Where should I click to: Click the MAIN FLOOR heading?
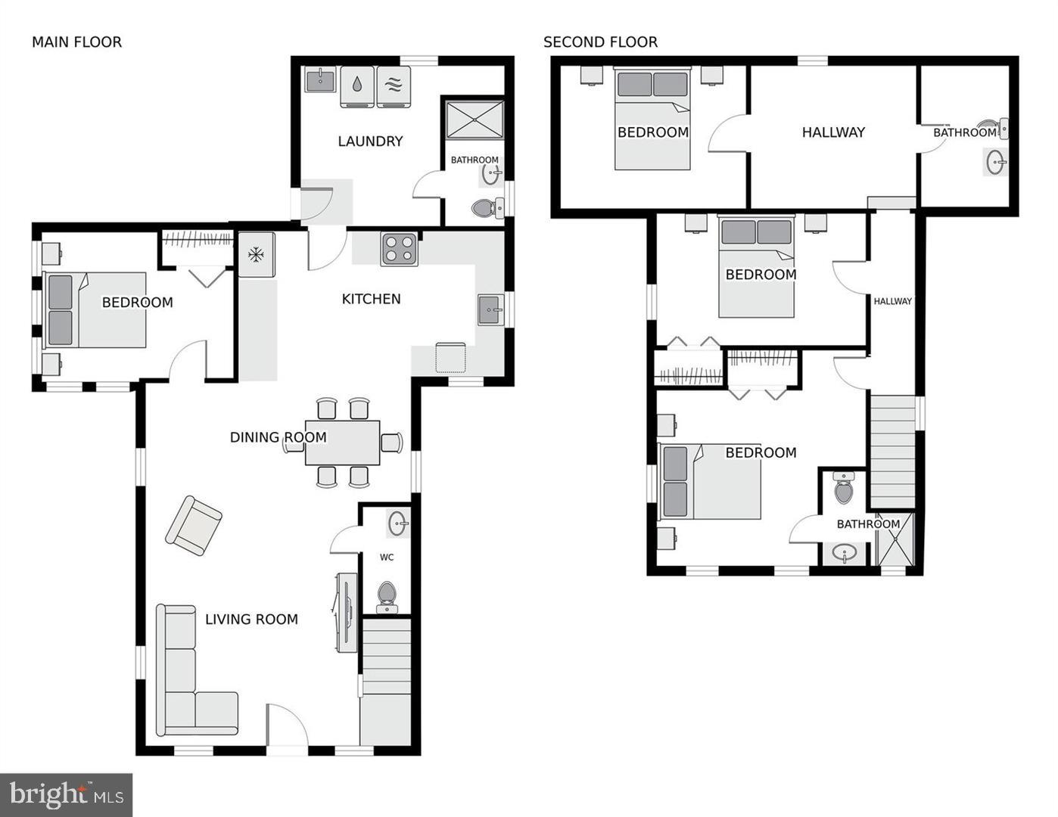coord(76,42)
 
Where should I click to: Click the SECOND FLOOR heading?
coord(600,42)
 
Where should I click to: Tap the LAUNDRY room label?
coord(370,141)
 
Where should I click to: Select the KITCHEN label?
coord(371,300)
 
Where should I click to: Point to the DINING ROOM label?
coord(278,437)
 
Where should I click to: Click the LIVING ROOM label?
coord(251,620)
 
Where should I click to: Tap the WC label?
coord(387,558)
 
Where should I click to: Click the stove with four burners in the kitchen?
coord(400,250)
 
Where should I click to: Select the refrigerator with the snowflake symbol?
coord(257,255)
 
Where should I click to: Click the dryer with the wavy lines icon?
coord(394,86)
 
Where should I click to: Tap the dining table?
coord(342,443)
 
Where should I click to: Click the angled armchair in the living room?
coord(194,526)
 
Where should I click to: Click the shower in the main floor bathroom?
coord(474,119)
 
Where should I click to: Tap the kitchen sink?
coord(490,310)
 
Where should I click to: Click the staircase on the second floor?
coord(892,451)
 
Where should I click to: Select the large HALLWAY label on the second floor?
coord(833,132)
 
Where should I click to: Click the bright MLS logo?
coord(67,794)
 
